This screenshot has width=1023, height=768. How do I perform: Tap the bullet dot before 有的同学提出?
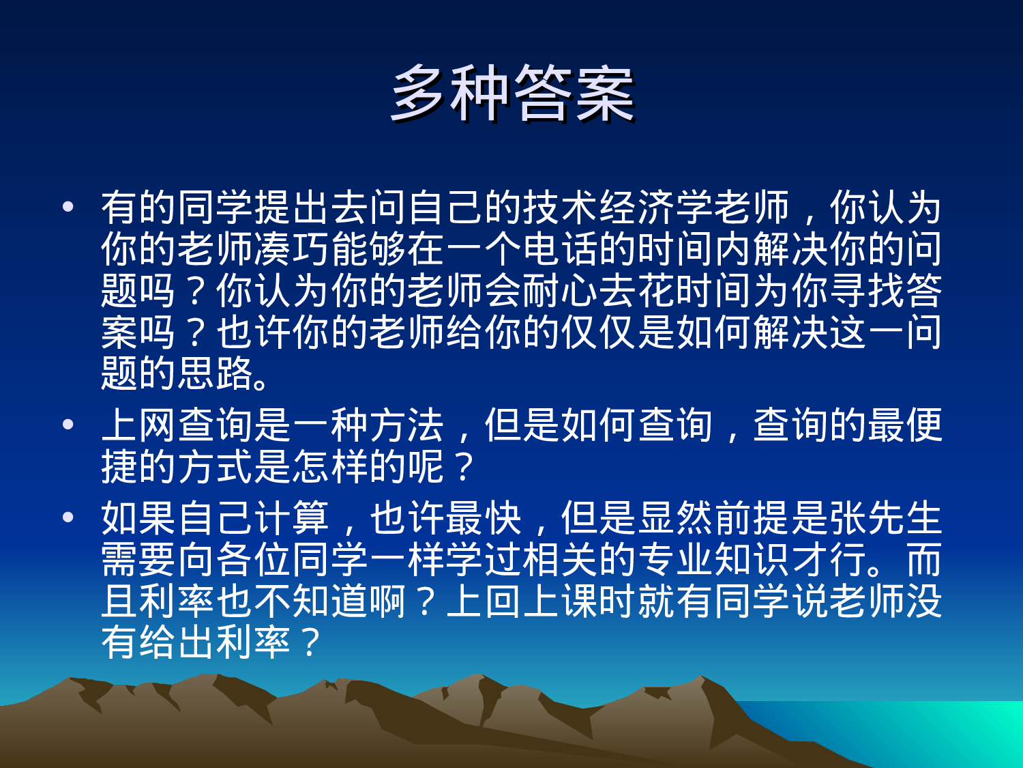tap(68, 206)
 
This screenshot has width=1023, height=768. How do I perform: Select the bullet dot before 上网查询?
tap(68, 425)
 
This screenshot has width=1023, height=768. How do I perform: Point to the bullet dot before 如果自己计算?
tap(68, 517)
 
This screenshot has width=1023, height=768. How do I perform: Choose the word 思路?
tap(216, 374)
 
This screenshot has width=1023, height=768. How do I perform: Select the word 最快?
tap(483, 518)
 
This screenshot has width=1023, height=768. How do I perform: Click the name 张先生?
tap(885, 518)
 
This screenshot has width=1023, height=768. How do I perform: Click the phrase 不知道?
tap(292, 601)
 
